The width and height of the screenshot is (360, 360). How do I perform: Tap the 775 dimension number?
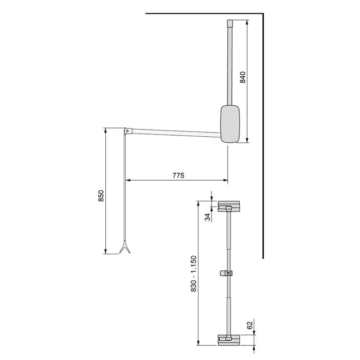(x=178, y=175)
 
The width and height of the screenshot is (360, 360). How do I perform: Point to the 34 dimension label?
(x=207, y=217)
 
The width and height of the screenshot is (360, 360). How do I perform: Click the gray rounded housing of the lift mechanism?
(x=231, y=124)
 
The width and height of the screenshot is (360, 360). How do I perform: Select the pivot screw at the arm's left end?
(x=128, y=131)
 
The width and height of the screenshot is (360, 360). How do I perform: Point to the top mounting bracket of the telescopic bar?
(x=229, y=207)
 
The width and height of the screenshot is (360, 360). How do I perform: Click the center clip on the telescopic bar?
(x=229, y=273)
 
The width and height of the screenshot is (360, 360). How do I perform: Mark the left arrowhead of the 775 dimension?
(x=127, y=180)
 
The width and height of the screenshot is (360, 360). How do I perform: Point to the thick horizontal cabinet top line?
(x=202, y=14)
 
